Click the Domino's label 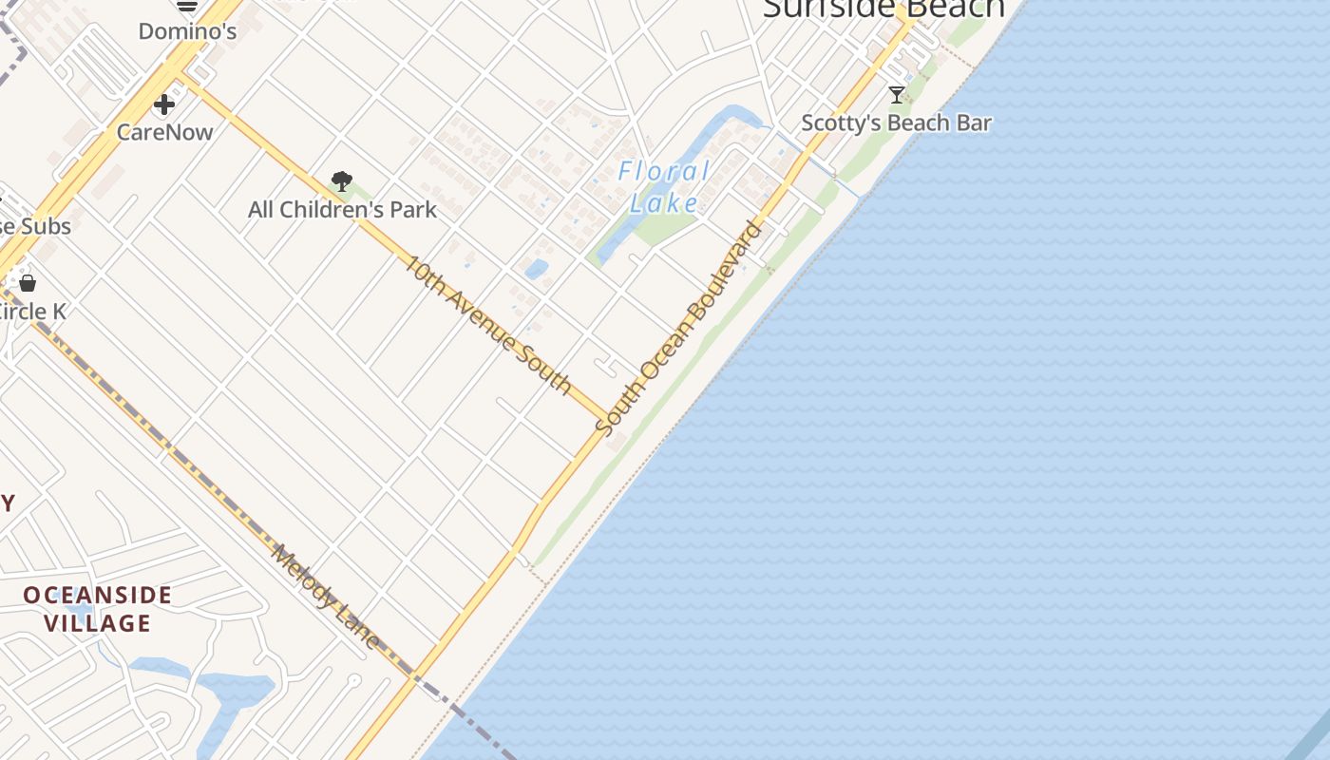pyautogui.click(x=187, y=31)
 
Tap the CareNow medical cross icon pyautogui.click(x=164, y=104)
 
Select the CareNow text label pyautogui.click(x=164, y=132)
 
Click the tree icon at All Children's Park pyautogui.click(x=342, y=180)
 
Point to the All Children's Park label pyautogui.click(x=342, y=210)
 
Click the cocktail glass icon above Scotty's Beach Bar pyautogui.click(x=896, y=94)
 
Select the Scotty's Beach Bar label pyautogui.click(x=896, y=123)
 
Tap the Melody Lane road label pyautogui.click(x=326, y=597)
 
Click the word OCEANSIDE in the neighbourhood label pyautogui.click(x=98, y=596)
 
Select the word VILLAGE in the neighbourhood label pyautogui.click(x=98, y=624)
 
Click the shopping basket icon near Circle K pyautogui.click(x=28, y=283)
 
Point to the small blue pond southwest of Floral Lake pyautogui.click(x=536, y=269)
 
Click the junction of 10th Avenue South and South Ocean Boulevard pyautogui.click(x=607, y=418)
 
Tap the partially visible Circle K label pyautogui.click(x=33, y=312)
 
